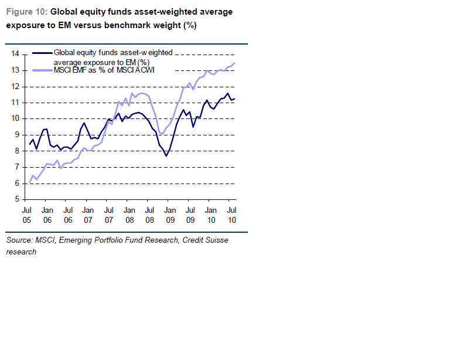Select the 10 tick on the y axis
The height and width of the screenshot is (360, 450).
tap(15, 119)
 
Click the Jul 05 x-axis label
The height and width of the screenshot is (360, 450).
tap(27, 215)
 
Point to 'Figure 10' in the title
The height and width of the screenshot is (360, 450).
tap(26, 12)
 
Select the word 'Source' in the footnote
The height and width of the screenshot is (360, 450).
tap(19, 240)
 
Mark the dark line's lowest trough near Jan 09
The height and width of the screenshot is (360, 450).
tap(166, 156)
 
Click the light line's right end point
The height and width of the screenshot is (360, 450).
tap(235, 63)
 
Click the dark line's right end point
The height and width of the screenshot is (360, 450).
tap(235, 99)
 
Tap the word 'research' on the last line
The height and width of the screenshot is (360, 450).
tap(21, 252)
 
